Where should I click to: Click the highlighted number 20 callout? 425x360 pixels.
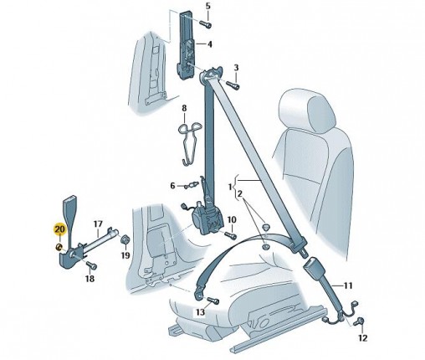pyautogui.click(x=60, y=229)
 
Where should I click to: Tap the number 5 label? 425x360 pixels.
pyautogui.click(x=208, y=6)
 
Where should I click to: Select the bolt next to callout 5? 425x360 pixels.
pyautogui.click(x=206, y=24)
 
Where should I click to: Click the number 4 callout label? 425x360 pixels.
pyautogui.click(x=209, y=44)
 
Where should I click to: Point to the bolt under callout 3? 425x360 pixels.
pyautogui.click(x=233, y=85)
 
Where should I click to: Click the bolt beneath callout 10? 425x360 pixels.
pyautogui.click(x=230, y=235)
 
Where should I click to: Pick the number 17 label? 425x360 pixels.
pyautogui.click(x=98, y=224)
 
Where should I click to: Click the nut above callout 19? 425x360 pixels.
pyautogui.click(x=125, y=240)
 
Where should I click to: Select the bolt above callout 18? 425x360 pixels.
pyautogui.click(x=91, y=265)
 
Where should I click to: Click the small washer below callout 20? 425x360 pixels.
pyautogui.click(x=59, y=247)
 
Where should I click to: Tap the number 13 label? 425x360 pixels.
pyautogui.click(x=200, y=312)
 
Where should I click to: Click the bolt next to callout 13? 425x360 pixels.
pyautogui.click(x=212, y=301)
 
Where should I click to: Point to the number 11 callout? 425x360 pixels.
pyautogui.click(x=347, y=285)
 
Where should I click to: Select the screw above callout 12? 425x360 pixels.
pyautogui.click(x=358, y=321)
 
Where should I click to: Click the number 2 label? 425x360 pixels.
pyautogui.click(x=240, y=193)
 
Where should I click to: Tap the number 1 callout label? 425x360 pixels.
pyautogui.click(x=230, y=187)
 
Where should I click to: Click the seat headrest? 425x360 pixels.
pyautogui.click(x=307, y=111)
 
